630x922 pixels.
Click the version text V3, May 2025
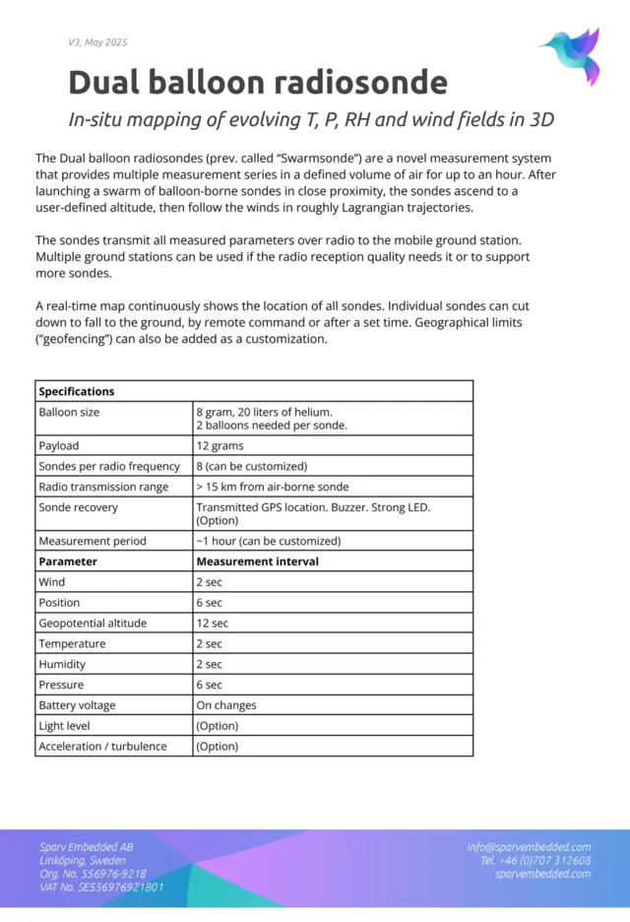pos(97,42)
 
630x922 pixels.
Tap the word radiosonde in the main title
pos(357,82)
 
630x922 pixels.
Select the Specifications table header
pos(77,391)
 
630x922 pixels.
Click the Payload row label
pos(59,446)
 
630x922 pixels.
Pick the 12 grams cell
pos(220,446)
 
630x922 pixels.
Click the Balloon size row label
pos(69,412)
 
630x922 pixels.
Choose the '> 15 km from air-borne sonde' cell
pos(272,487)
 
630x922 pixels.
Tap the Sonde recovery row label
pos(78,507)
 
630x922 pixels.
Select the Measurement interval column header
pos(257,561)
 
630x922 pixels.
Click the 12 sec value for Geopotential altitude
pos(212,624)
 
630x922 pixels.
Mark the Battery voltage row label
pos(77,705)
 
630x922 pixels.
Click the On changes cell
pos(226,705)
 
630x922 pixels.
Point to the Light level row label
pos(64,726)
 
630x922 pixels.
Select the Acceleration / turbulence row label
pos(102,747)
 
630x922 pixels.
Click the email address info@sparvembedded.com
pos(529,847)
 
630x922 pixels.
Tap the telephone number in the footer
pos(535,860)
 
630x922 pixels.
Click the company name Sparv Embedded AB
pos(87,847)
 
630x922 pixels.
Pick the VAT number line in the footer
pos(101,887)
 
